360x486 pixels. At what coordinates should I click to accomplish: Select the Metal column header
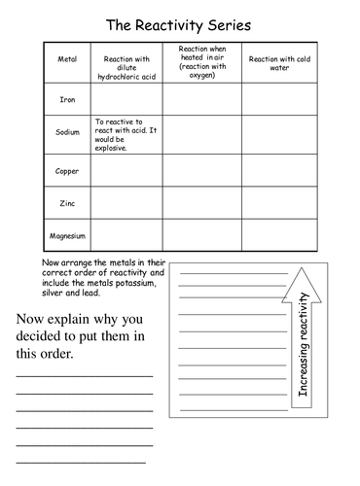[x=67, y=60]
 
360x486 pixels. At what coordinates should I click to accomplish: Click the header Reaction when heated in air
[x=201, y=60]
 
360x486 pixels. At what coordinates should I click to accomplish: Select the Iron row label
[x=67, y=98]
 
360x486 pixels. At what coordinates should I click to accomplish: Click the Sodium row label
[x=67, y=133]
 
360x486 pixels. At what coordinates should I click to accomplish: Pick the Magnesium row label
[x=67, y=235]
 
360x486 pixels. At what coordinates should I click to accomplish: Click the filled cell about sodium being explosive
[x=126, y=133]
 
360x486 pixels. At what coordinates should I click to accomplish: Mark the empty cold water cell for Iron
[x=282, y=98]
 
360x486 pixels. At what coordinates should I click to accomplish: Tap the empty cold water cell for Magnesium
[x=282, y=235]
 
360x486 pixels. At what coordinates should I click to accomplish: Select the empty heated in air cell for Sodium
[x=201, y=133]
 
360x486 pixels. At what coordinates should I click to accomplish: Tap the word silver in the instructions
[x=56, y=295]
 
